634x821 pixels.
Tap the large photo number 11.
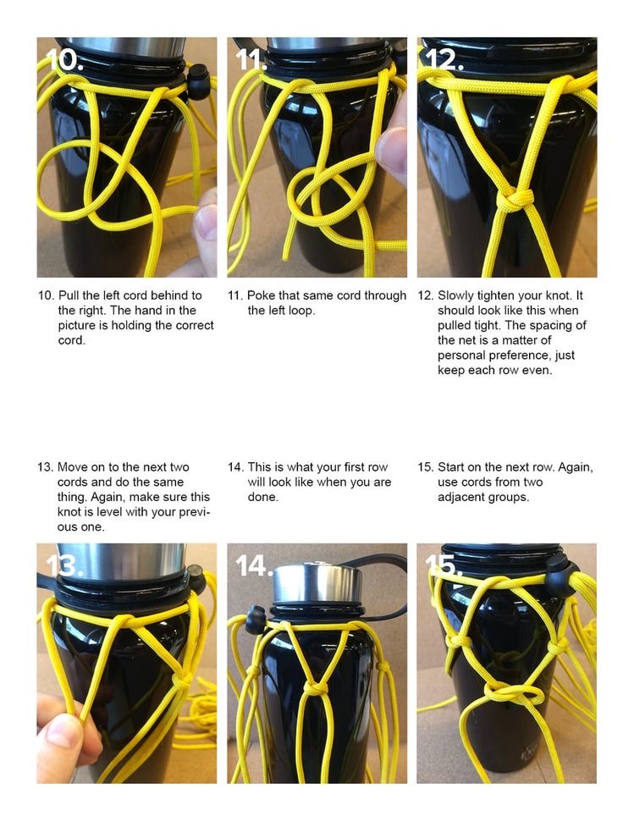[x=251, y=60]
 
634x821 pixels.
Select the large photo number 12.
[x=444, y=60]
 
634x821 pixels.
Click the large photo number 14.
[x=255, y=565]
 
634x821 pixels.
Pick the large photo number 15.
[x=443, y=565]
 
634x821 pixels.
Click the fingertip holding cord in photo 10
[x=206, y=220]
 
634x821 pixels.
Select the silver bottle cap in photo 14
[x=317, y=583]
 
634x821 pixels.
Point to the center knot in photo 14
[x=315, y=687]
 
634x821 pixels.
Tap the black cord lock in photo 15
[x=561, y=572]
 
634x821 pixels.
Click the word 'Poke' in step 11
[x=260, y=295]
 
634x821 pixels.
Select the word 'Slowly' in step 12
[x=455, y=296]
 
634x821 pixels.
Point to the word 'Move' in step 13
[x=70, y=467]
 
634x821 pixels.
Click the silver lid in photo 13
[x=121, y=561]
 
